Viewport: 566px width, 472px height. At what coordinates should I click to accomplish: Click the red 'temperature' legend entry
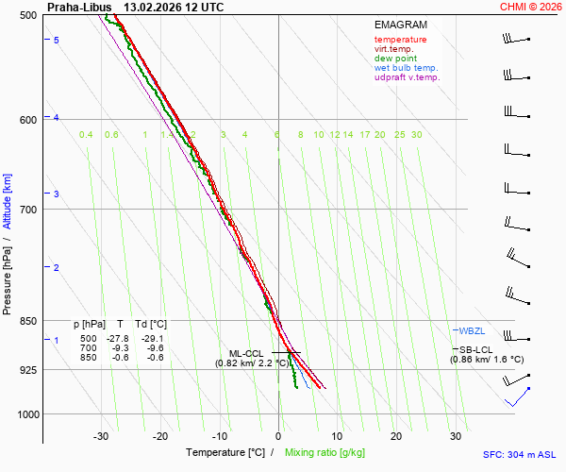point(400,40)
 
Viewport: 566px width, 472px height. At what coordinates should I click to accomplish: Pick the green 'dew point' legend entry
point(396,59)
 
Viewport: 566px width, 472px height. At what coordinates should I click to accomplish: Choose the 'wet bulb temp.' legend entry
point(406,68)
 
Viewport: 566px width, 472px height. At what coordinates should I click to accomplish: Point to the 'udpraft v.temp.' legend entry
point(407,77)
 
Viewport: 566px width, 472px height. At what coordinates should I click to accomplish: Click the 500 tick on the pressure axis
point(28,15)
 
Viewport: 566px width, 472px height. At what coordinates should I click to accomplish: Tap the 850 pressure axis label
point(28,321)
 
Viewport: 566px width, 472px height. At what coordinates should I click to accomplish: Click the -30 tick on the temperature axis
point(102,436)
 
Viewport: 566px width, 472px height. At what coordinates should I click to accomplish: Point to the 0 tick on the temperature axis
point(278,436)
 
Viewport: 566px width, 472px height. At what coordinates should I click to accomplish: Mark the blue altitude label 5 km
point(57,40)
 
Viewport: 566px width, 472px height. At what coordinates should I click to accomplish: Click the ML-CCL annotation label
point(246,353)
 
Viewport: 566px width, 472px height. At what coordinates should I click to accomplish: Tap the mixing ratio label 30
point(416,135)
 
